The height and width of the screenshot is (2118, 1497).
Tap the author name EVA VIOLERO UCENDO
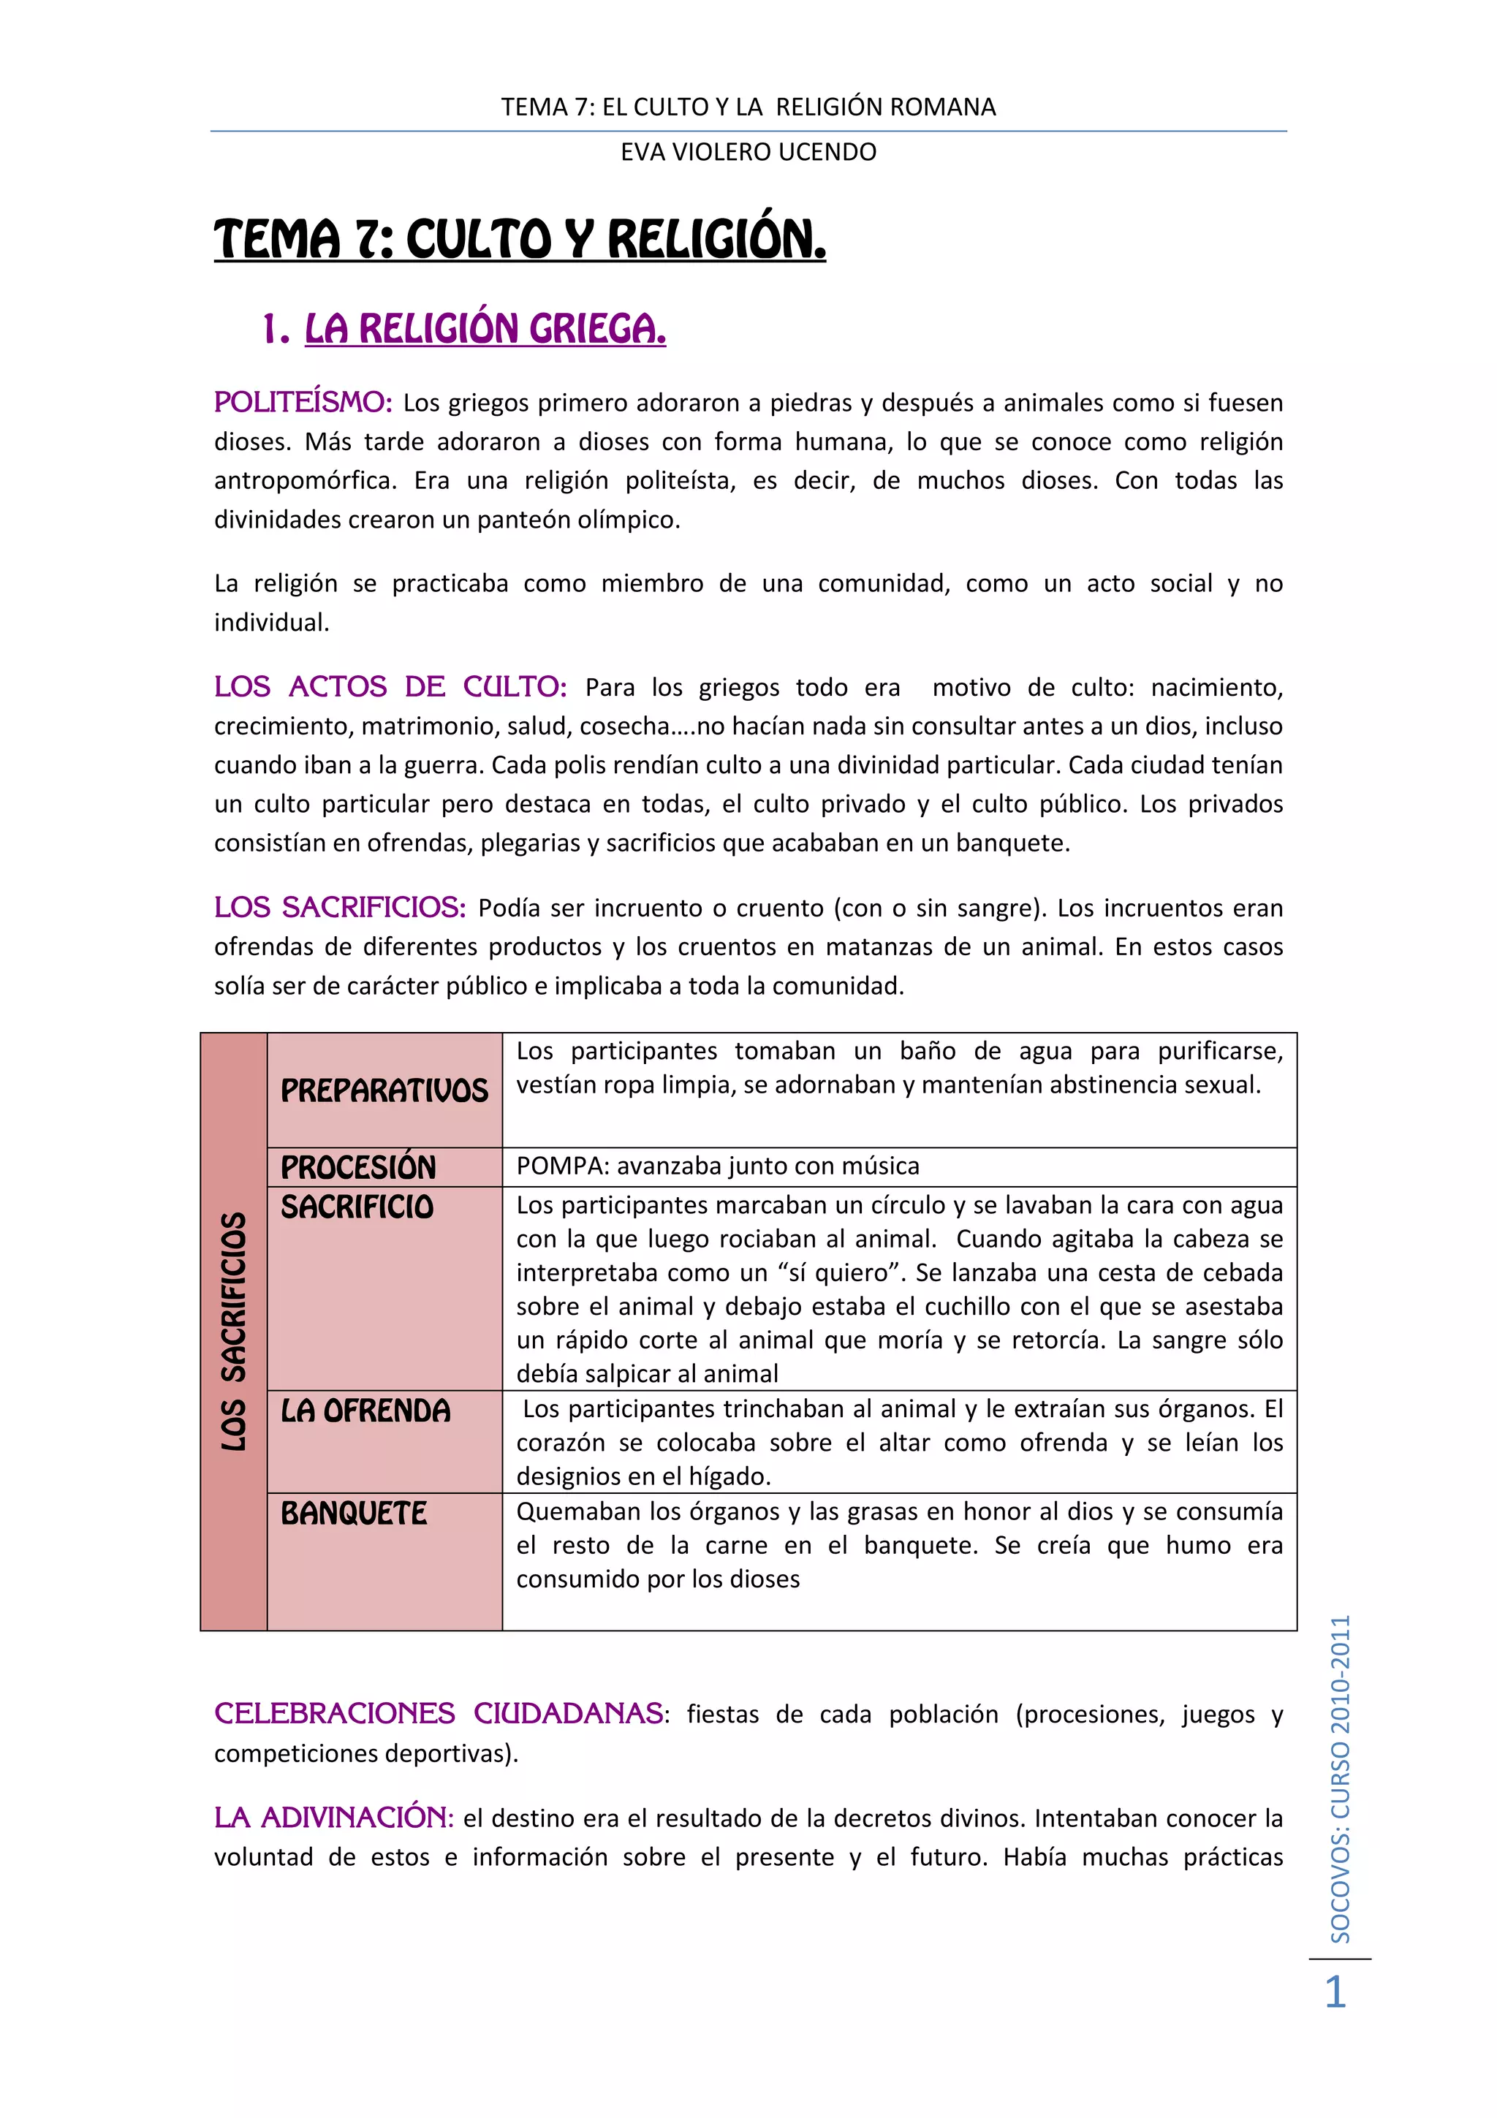click(748, 152)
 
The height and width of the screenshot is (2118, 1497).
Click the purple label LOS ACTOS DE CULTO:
click(390, 686)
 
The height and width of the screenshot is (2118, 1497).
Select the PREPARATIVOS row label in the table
click(384, 1090)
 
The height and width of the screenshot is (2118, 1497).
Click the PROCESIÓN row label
click(358, 1167)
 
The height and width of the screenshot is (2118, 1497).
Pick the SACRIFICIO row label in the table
click(357, 1207)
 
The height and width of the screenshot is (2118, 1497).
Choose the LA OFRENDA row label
click(365, 1411)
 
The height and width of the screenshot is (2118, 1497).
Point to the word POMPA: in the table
click(563, 1166)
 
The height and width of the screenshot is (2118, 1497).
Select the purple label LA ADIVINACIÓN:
click(334, 1818)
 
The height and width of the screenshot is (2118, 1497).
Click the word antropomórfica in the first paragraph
click(306, 481)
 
